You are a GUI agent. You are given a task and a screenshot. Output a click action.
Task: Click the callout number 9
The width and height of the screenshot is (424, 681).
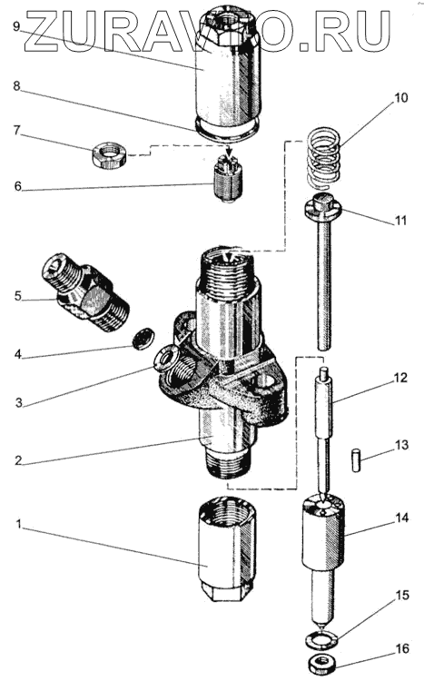[x=16, y=26]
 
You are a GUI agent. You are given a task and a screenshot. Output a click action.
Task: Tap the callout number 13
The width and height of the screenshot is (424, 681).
[x=402, y=445]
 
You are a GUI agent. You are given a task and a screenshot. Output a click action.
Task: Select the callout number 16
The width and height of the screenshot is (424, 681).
[x=403, y=649]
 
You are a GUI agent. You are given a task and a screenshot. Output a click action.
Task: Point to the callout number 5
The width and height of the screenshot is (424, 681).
[x=17, y=297]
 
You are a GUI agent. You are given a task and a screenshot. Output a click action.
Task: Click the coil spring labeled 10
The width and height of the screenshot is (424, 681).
[x=324, y=157]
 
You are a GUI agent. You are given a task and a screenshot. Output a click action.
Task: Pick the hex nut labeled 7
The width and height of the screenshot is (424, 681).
[x=109, y=155]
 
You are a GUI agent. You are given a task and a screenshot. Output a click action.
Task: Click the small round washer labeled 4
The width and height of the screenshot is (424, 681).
[x=143, y=338]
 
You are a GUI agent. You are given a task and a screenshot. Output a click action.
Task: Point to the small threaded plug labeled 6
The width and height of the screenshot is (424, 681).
[x=229, y=179]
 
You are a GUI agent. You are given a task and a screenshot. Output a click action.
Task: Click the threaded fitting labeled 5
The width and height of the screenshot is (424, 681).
[x=85, y=293]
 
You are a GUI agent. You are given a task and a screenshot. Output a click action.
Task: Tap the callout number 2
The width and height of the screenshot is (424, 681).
[x=17, y=460]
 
